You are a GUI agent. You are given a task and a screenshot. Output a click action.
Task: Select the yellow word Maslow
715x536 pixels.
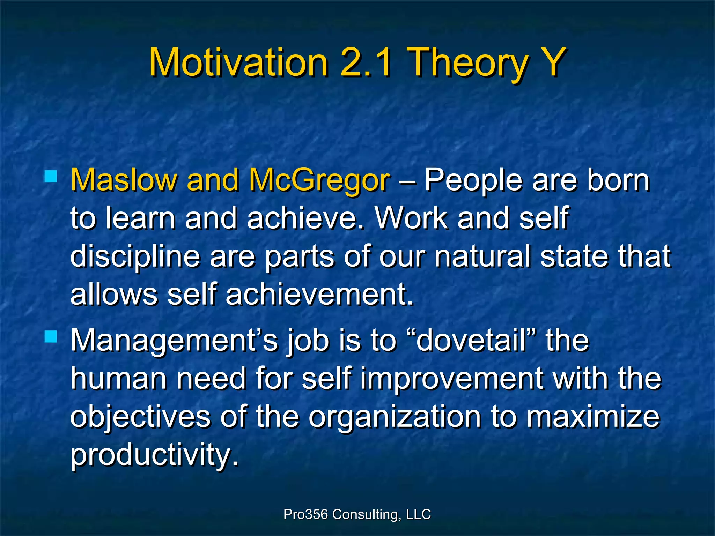pos(124,180)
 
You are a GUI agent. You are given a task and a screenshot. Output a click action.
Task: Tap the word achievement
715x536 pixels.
pos(319,295)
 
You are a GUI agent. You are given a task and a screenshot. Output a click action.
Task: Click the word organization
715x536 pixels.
pos(395,418)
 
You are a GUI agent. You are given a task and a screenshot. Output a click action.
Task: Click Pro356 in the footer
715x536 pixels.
pos(305,514)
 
